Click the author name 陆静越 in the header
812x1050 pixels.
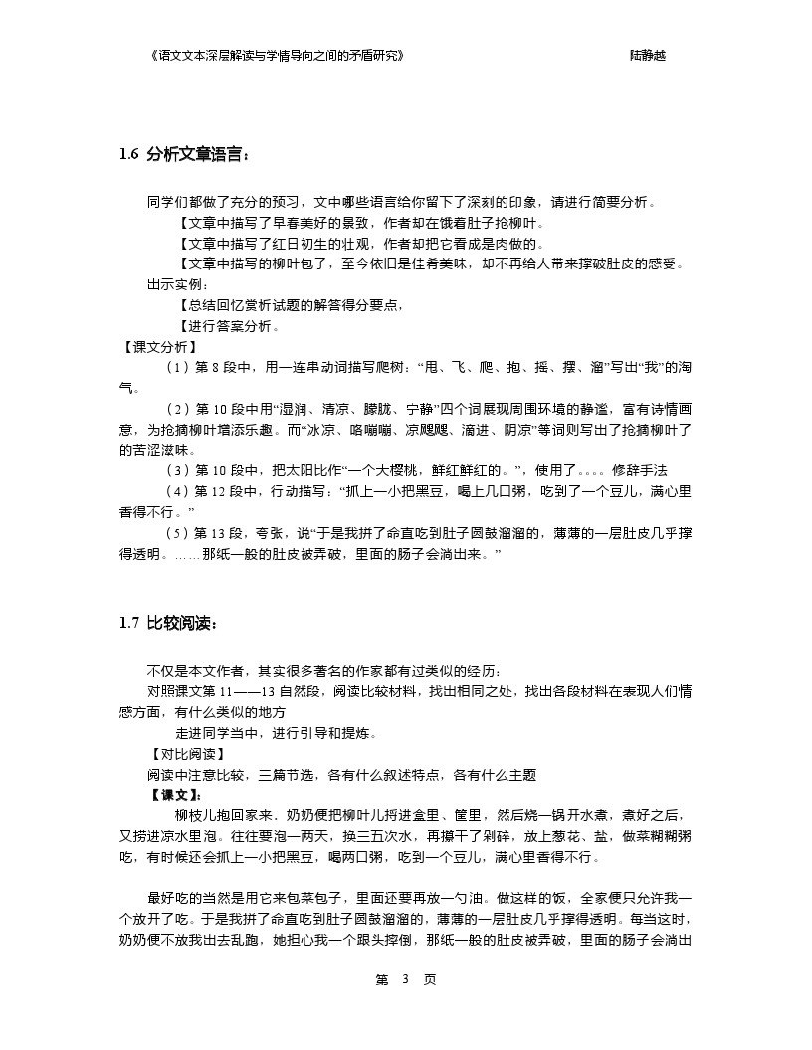(648, 56)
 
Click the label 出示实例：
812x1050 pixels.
(174, 285)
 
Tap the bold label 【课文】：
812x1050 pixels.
(174, 795)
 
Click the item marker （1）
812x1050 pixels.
(176, 368)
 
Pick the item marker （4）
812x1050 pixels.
(176, 491)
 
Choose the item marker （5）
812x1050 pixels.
(176, 533)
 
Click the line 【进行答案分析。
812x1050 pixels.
(229, 326)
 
